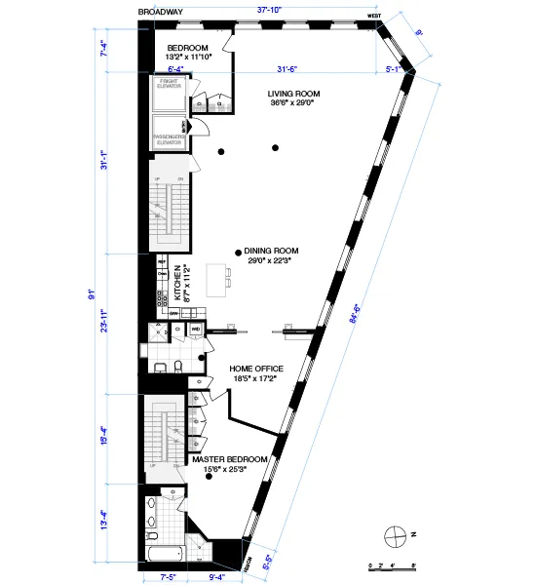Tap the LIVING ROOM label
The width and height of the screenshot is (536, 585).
(x=294, y=95)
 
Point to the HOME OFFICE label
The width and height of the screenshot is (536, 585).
(x=256, y=369)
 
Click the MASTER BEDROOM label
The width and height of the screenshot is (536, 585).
(x=230, y=458)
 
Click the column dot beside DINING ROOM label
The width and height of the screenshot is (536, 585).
(x=238, y=252)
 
